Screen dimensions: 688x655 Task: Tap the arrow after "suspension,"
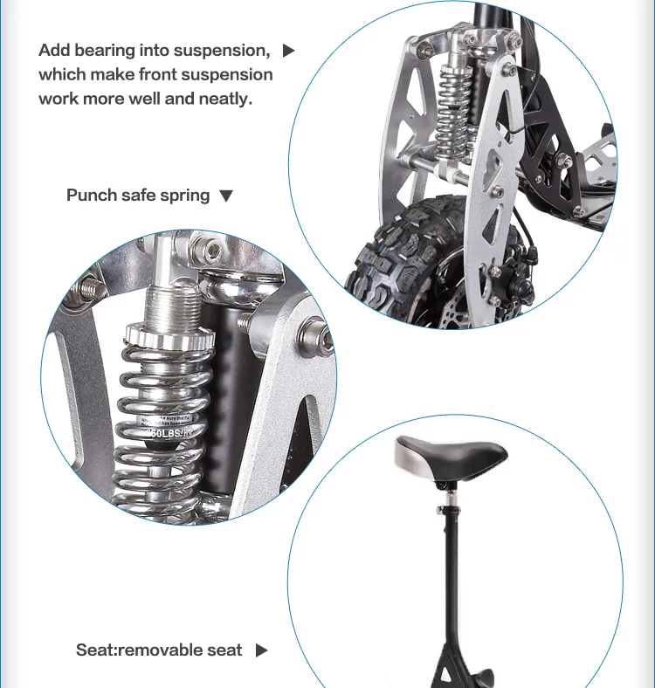tap(289, 51)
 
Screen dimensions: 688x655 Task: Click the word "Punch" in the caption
tap(92, 195)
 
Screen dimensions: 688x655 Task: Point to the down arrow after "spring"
tap(226, 196)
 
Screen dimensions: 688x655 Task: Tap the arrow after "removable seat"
tap(261, 650)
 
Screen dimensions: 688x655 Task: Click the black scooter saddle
tap(451, 455)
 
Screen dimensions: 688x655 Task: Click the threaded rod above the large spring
tap(164, 298)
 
